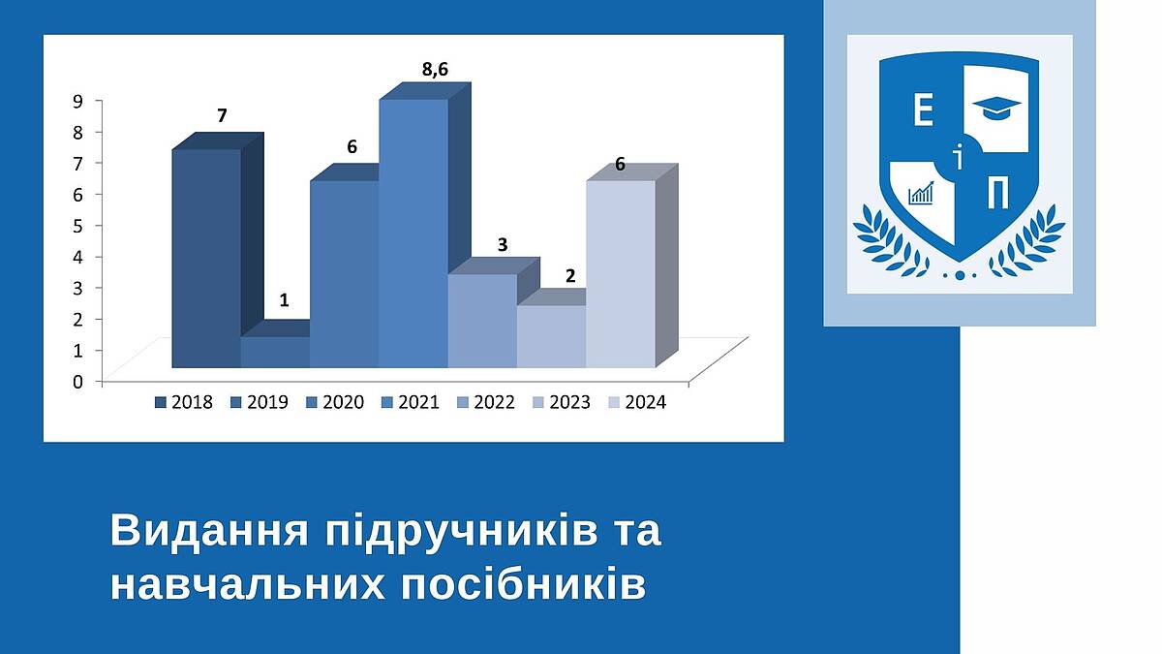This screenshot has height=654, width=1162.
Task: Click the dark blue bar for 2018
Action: pos(206,259)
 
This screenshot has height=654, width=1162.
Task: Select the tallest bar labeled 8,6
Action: pos(413,234)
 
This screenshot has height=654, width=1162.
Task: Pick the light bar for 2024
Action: pos(621,274)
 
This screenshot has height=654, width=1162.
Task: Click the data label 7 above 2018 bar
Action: pos(222,115)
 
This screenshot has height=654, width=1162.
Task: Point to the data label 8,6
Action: pos(435,70)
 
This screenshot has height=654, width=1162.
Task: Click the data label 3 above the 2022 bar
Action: pos(503,245)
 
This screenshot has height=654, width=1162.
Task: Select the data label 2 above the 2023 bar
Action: pos(570,276)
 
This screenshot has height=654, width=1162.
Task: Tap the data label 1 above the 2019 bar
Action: pos(284,300)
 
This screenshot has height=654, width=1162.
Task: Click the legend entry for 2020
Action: pos(335,402)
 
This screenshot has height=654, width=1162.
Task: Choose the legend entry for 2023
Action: pos(562,402)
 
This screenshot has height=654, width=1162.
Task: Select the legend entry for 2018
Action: pos(184,402)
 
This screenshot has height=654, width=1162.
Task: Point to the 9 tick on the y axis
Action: pos(77,101)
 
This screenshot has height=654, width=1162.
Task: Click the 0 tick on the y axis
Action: pos(77,382)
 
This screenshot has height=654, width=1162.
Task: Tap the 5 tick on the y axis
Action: pos(77,225)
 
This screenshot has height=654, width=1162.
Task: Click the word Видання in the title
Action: pos(209,531)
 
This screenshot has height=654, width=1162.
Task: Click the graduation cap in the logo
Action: pos(996,108)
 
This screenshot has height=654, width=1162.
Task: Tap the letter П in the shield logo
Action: pos(997,192)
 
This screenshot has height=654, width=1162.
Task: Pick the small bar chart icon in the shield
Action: pos(921,193)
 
